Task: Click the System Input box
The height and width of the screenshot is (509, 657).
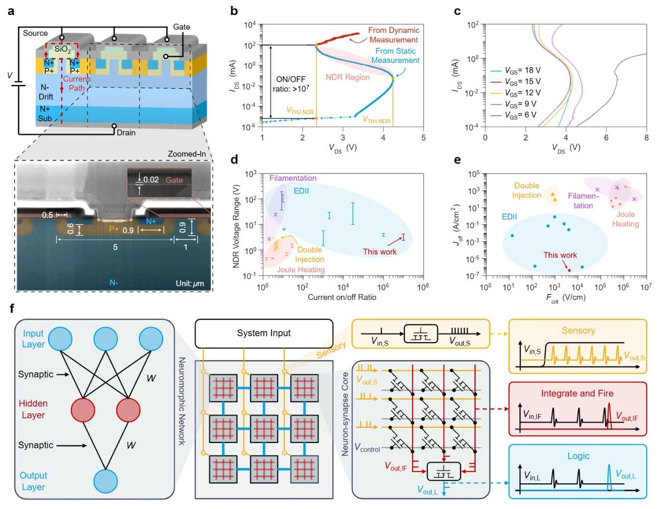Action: (264, 333)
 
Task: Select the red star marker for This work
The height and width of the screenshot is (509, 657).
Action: (569, 270)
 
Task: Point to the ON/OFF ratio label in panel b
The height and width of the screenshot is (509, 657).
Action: (290, 84)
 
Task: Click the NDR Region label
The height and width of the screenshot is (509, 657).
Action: (347, 77)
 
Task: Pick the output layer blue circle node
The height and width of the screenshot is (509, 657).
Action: (105, 481)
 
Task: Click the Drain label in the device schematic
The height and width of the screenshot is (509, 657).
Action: (126, 132)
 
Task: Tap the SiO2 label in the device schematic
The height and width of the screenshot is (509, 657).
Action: (62, 49)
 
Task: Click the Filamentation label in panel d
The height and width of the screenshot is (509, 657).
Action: (293, 178)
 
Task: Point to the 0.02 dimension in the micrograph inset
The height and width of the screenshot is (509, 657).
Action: (151, 180)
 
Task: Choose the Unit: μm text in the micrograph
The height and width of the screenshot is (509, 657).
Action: (190, 284)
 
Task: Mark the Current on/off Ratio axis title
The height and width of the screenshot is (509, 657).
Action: (342, 297)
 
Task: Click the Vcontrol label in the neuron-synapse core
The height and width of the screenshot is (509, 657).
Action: (367, 447)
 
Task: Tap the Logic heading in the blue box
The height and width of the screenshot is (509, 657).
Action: (578, 455)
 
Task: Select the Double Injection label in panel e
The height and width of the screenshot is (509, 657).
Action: (526, 190)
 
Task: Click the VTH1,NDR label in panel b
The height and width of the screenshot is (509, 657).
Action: (376, 120)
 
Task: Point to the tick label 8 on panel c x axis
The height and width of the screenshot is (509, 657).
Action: (646, 138)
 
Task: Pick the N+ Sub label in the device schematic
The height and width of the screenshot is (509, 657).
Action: (45, 114)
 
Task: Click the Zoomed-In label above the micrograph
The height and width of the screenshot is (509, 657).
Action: (187, 154)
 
